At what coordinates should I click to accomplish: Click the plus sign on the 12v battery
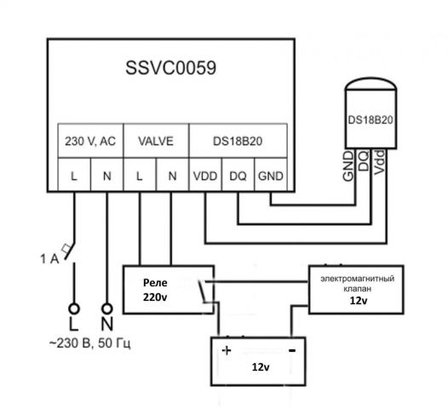tap(227, 350)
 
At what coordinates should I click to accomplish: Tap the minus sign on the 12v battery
tap(291, 350)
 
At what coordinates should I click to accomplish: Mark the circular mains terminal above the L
tap(73, 308)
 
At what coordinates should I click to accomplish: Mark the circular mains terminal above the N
tap(106, 308)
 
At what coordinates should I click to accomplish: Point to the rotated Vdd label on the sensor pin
tap(380, 161)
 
